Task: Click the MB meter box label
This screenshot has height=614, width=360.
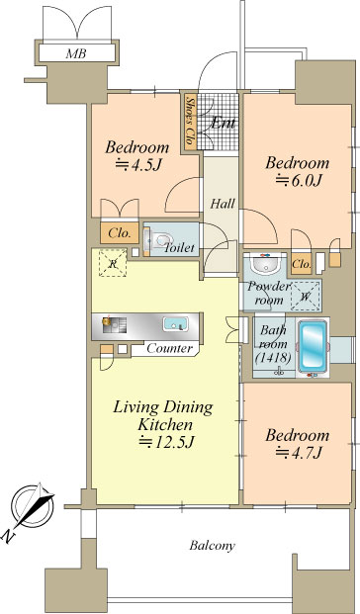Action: tap(76, 53)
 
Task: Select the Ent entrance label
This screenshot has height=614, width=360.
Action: tap(224, 123)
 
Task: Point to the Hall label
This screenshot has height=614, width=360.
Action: tap(223, 204)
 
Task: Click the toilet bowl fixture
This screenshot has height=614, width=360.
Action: tap(161, 239)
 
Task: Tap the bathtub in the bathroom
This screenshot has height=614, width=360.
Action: tap(313, 346)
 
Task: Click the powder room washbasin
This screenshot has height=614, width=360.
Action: tap(265, 263)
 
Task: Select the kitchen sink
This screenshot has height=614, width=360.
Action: tap(175, 324)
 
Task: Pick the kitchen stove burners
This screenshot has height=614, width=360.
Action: tap(115, 324)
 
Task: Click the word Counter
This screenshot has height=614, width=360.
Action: tap(170, 348)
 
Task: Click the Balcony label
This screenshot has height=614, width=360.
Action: tap(213, 545)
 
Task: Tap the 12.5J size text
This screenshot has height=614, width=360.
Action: tap(167, 443)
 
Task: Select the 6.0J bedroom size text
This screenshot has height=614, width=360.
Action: tap(299, 180)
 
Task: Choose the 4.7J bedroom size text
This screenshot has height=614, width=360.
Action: tap(299, 453)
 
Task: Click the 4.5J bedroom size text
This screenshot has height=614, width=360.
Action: tap(138, 165)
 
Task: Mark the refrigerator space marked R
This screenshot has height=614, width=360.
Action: tap(113, 263)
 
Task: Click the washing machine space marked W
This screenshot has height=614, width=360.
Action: tap(306, 297)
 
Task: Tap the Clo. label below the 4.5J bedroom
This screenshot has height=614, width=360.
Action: tap(119, 233)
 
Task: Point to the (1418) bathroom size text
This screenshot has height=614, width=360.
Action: tap(273, 358)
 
